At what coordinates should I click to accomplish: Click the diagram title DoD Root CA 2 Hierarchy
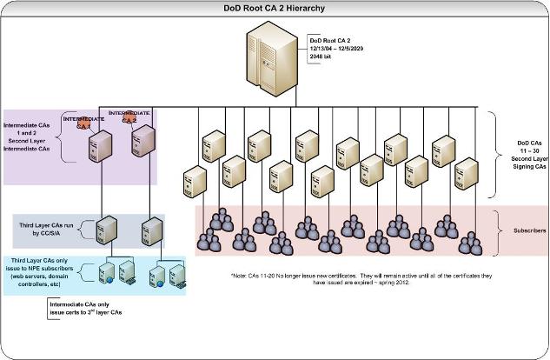coord(275,8)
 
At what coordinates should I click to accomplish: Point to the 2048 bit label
coord(322,57)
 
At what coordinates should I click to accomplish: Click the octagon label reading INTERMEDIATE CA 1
coord(83,122)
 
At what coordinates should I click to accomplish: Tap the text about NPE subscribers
coord(43,271)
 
